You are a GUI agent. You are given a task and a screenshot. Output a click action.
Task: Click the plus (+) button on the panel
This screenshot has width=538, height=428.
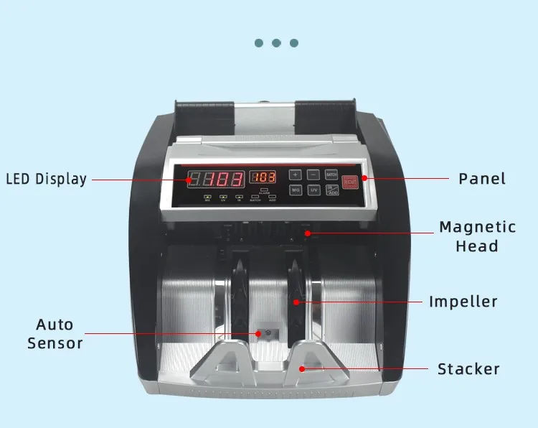pos(296,175)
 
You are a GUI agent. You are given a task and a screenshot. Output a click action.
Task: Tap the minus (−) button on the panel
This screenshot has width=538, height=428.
pos(313,175)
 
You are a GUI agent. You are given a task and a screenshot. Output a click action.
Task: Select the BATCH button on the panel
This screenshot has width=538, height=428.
pos(331,175)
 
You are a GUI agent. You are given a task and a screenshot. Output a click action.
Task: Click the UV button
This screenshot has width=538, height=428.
pos(313,190)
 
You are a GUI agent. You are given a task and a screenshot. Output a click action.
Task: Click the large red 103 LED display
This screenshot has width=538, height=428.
pos(215,180)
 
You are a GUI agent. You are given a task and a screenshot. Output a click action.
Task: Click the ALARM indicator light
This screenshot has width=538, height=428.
pos(264,189)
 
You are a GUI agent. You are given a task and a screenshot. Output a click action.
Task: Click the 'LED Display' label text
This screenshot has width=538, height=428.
pos(47,180)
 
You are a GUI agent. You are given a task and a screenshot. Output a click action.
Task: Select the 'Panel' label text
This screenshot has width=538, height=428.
pos(482,179)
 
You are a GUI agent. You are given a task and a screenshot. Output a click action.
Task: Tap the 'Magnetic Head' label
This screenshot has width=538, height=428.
pos(478,236)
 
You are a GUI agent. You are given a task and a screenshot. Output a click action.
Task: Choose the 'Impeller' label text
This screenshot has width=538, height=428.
pos(463,302)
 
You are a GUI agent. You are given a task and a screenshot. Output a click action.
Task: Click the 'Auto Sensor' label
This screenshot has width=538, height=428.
pos(55,334)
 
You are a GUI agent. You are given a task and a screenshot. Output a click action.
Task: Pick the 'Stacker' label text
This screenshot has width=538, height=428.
pos(468,370)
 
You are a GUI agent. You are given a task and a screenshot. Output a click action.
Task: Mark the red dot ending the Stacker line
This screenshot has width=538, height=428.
pos(302,369)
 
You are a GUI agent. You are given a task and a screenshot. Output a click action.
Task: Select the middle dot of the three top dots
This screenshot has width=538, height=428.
pos(276,43)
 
